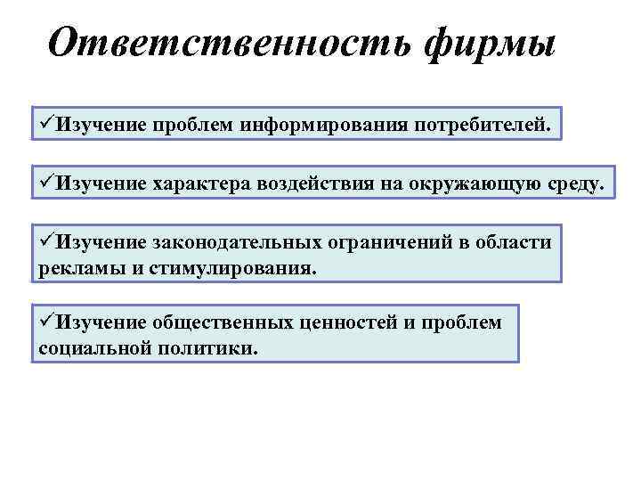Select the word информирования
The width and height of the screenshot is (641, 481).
click(322, 126)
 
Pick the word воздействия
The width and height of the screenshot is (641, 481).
click(320, 183)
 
